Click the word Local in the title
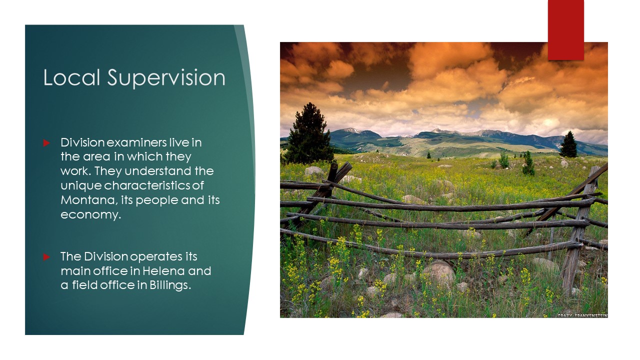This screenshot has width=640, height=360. [71, 77]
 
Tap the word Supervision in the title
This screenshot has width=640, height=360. [166, 78]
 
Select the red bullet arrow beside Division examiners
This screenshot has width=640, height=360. [46, 142]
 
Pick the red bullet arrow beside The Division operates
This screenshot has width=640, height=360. [46, 257]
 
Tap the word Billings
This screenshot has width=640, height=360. [170, 285]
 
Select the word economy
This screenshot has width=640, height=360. [91, 215]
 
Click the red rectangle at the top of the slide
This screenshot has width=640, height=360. [565, 30]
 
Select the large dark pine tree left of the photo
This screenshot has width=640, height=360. [309, 134]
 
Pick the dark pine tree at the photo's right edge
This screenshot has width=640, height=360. [568, 144]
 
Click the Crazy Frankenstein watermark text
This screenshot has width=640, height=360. [582, 315]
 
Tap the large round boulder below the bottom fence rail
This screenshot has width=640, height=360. [438, 273]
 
